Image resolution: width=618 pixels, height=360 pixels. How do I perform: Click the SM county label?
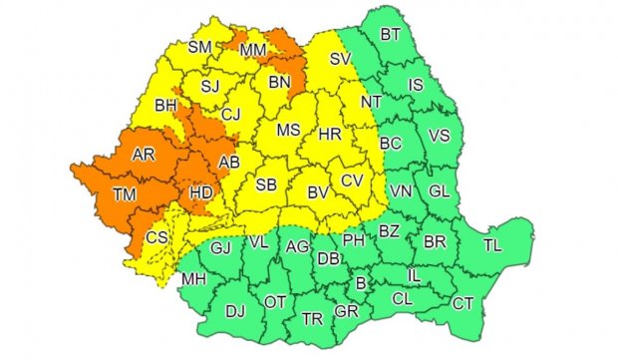tap(201, 46)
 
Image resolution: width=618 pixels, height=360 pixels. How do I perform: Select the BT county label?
tap(391, 37)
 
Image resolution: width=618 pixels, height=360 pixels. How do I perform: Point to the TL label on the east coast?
tap(493, 244)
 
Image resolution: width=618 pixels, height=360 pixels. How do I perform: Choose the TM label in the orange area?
tap(126, 194)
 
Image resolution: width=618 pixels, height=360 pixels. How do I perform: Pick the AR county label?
tap(144, 155)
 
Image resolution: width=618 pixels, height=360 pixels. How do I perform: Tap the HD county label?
tap(197, 194)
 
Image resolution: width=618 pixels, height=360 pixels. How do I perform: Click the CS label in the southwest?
tap(157, 237)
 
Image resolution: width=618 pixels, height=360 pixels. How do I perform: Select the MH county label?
tap(193, 277)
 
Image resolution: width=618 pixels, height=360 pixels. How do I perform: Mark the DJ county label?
tap(235, 311)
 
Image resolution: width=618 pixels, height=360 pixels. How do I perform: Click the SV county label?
tap(342, 60)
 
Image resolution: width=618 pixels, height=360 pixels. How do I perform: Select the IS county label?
tap(417, 85)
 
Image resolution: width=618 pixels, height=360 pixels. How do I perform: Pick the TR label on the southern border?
tap(312, 320)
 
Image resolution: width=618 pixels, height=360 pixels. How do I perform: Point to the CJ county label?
tap(231, 115)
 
